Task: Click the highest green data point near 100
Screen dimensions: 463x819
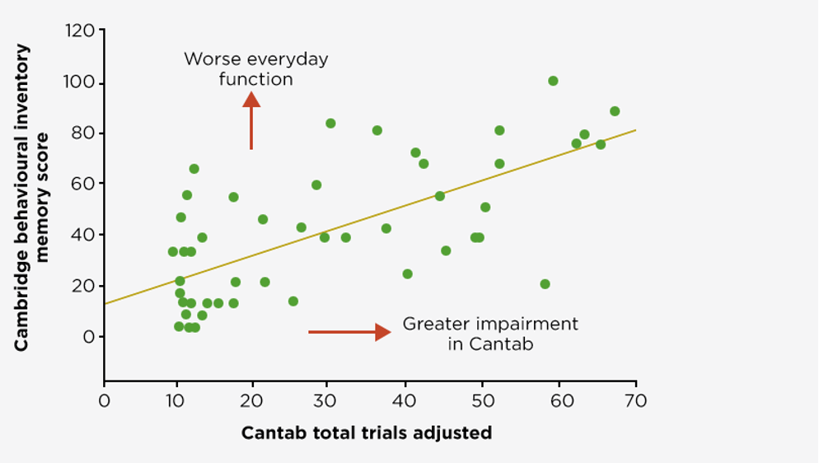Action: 553,81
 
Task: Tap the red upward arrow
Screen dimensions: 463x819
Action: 251,119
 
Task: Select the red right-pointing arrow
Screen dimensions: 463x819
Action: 349,332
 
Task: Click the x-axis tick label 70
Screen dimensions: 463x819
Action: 635,401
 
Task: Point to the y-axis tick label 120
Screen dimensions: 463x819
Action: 79,32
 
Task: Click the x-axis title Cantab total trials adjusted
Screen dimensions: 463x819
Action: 367,433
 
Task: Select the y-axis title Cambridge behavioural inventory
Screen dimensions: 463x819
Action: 22,198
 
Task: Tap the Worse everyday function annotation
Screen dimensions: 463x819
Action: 255,69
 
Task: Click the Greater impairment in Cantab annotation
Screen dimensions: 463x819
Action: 490,334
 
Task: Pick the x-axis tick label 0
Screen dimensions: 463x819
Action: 104,401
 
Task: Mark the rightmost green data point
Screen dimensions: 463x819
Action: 615,111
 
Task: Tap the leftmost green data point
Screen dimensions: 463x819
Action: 172,251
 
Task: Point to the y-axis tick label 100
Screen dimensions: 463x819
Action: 79,83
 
